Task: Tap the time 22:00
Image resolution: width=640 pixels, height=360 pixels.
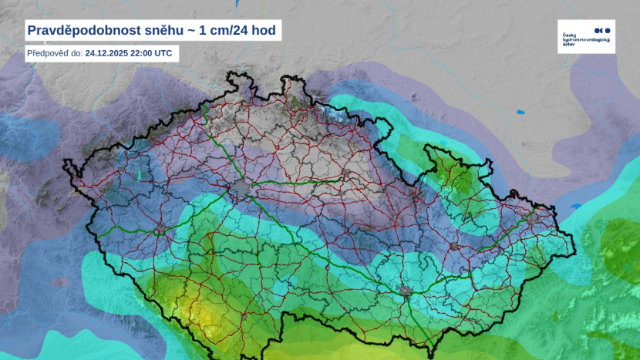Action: tap(143, 54)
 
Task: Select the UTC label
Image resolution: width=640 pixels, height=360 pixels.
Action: tap(164, 54)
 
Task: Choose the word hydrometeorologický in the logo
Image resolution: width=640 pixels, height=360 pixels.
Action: tap(586, 40)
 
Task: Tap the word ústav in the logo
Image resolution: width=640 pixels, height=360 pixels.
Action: tap(569, 45)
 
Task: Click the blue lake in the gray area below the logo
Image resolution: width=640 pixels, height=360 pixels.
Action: tap(521, 112)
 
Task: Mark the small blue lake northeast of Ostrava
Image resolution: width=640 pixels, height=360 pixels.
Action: tap(575, 207)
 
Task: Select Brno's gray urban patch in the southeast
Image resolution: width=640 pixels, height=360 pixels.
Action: tap(406, 291)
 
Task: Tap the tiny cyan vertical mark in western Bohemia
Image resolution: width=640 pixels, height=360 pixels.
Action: tap(140, 175)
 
